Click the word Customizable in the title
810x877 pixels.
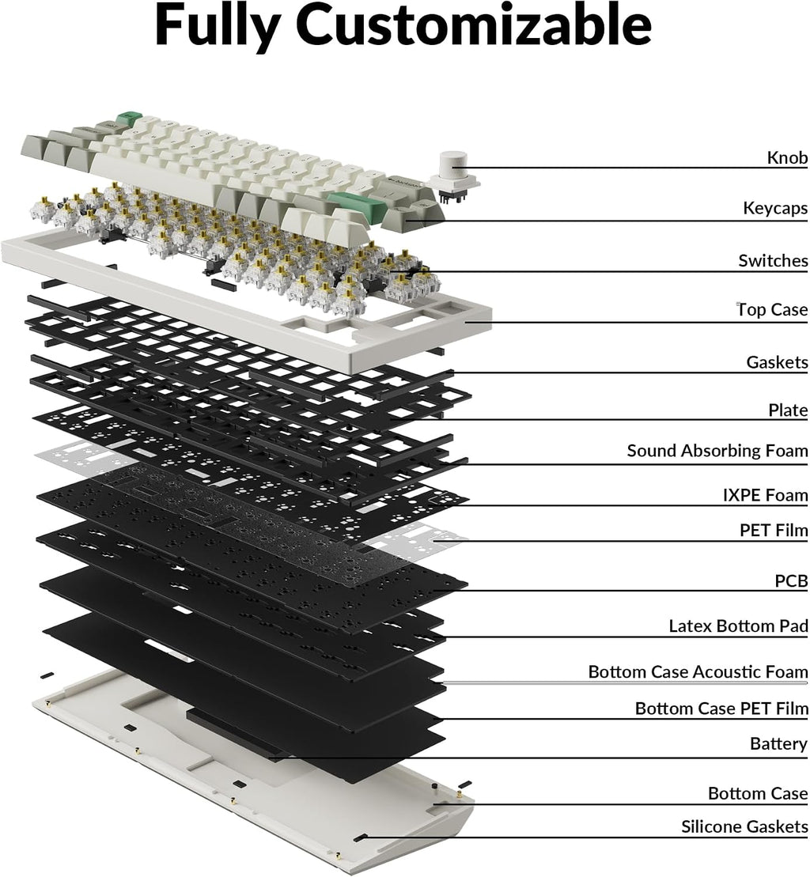point(473,26)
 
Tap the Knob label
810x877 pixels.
point(787,157)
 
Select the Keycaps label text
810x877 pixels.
point(775,209)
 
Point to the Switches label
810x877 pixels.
point(773,261)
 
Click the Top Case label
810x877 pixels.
point(772,309)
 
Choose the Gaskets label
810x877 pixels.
point(777,362)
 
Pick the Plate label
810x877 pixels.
point(788,410)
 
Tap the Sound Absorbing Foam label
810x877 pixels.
point(717,451)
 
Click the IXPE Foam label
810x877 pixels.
point(765,495)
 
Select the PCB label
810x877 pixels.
point(791,581)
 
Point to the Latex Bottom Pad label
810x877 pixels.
point(738,626)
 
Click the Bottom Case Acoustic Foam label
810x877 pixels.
point(698,671)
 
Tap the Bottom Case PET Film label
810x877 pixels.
point(721,709)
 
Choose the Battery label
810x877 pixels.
point(778,744)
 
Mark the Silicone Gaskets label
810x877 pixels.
point(744,826)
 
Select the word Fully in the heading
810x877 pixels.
point(218,26)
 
